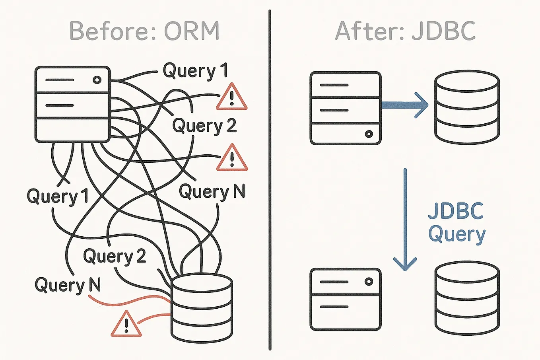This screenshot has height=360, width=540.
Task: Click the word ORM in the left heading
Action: tap(192, 31)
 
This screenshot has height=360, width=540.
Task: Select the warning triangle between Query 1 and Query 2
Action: tap(231, 98)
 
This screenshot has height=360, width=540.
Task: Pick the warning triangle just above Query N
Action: tap(232, 158)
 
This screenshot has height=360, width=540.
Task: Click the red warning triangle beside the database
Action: tap(126, 324)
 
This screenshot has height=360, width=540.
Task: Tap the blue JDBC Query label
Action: tap(456, 223)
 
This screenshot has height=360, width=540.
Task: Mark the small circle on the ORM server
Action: tap(97, 80)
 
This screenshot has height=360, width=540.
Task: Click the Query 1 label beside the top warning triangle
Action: tap(195, 71)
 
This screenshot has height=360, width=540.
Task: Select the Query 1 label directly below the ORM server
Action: tap(57, 197)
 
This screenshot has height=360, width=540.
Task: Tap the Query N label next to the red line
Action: tap(68, 285)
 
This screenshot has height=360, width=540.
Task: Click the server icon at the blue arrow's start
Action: tap(345, 108)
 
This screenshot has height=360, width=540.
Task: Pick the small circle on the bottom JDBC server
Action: tap(369, 282)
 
